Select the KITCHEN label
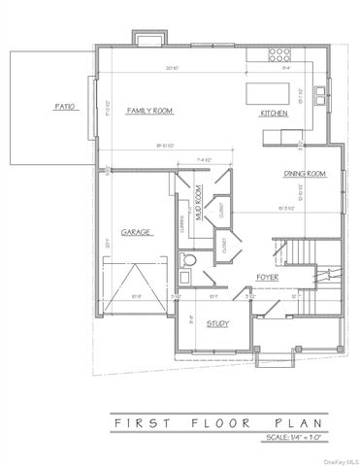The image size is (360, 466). click(273, 114)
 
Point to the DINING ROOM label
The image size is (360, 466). click(303, 174)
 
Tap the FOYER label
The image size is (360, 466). click(268, 277)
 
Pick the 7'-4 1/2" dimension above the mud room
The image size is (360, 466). click(205, 159)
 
